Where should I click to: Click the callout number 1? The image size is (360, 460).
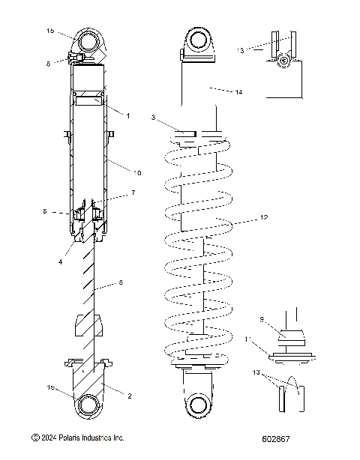tap(128, 115)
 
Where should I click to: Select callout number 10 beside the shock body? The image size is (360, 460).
tap(137, 173)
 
